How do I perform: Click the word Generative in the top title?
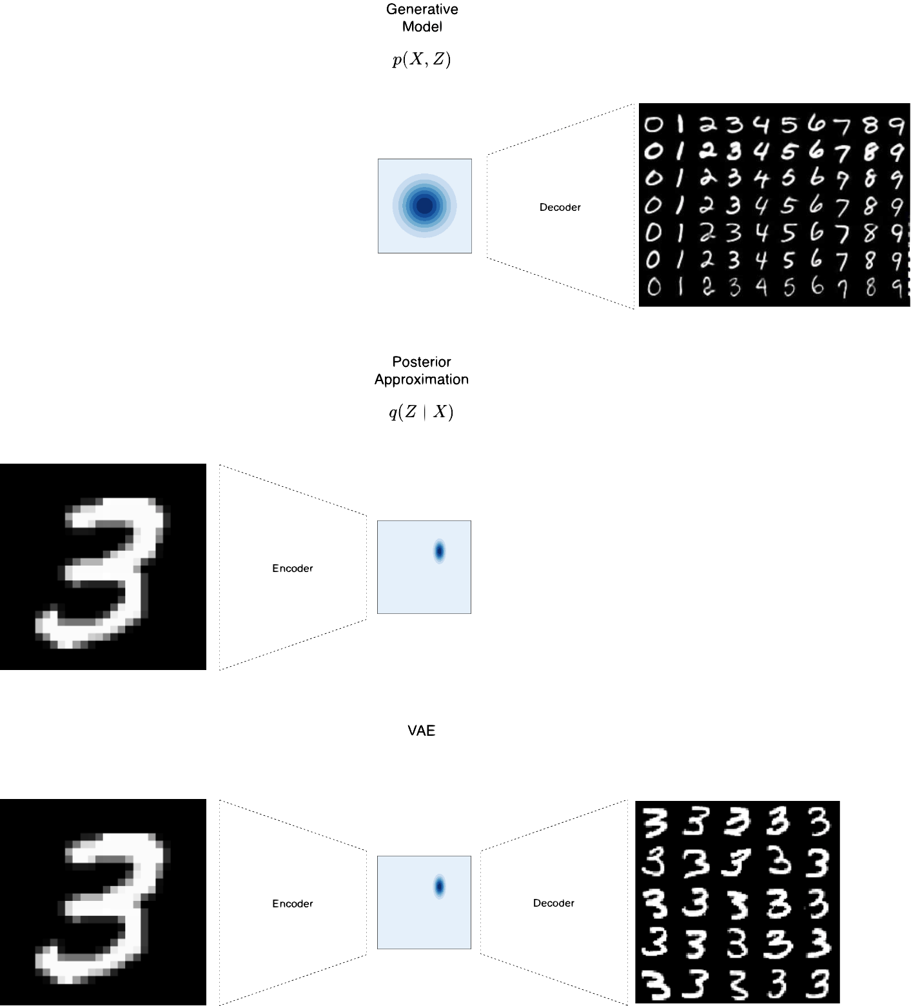point(422,10)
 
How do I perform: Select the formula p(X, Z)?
point(422,60)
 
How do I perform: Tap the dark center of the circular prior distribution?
point(424,206)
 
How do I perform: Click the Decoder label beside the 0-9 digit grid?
point(560,208)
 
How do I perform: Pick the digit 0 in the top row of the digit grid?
point(652,124)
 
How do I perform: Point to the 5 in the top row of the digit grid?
point(789,124)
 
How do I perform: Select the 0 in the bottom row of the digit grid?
point(653,286)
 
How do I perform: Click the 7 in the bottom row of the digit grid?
point(843,288)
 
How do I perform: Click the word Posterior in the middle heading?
point(422,362)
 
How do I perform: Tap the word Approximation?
point(422,379)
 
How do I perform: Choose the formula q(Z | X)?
point(422,412)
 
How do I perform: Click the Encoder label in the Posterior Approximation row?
point(293,569)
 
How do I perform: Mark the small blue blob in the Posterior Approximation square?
point(440,551)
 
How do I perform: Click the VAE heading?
point(422,730)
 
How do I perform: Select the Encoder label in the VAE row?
point(293,904)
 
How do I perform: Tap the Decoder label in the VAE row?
point(554,903)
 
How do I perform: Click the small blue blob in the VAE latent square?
point(440,887)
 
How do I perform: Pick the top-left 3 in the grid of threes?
point(655,822)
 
